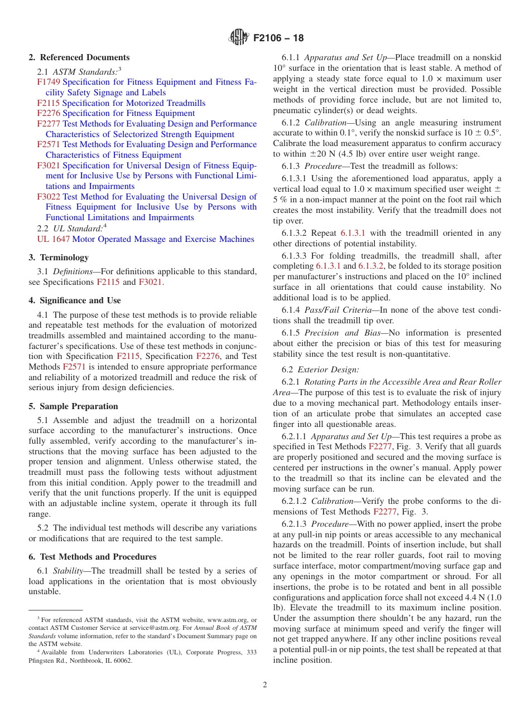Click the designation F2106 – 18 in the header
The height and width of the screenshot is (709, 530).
278,38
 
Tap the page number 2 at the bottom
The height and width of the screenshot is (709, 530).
265,685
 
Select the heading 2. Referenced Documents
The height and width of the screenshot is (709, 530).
79,57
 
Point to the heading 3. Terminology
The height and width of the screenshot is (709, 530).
59,258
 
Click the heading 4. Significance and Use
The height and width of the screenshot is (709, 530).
75,300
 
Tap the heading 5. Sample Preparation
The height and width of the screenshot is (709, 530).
73,406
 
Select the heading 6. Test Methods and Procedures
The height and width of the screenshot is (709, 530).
93,557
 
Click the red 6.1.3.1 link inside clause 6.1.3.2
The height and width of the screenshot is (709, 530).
353,233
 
